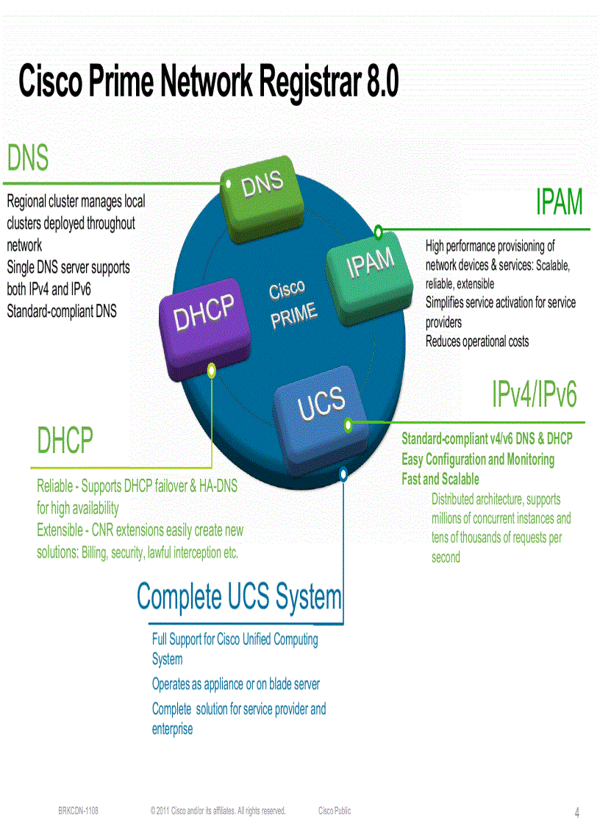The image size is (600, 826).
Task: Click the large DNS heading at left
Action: pyautogui.click(x=28, y=158)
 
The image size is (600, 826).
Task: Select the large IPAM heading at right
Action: pyautogui.click(x=559, y=202)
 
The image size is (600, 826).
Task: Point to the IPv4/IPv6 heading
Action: pyautogui.click(x=535, y=396)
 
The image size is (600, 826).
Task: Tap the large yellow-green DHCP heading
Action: pyautogui.click(x=65, y=441)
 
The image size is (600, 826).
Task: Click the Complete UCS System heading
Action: pyautogui.click(x=240, y=597)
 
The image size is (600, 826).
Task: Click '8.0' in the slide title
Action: pyautogui.click(x=382, y=82)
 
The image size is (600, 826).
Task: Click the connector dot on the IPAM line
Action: pyautogui.click(x=378, y=232)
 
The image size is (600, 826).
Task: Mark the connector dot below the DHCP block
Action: pyautogui.click(x=212, y=371)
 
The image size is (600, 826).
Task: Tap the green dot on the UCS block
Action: pyautogui.click(x=349, y=424)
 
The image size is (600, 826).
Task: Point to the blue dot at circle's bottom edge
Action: pyautogui.click(x=343, y=475)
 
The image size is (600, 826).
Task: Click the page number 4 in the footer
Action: pyautogui.click(x=576, y=813)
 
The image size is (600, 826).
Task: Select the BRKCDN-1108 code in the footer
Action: pyautogui.click(x=79, y=811)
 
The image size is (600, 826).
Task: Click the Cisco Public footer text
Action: pyautogui.click(x=335, y=811)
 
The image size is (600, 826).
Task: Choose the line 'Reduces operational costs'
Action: pyautogui.click(x=476, y=341)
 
